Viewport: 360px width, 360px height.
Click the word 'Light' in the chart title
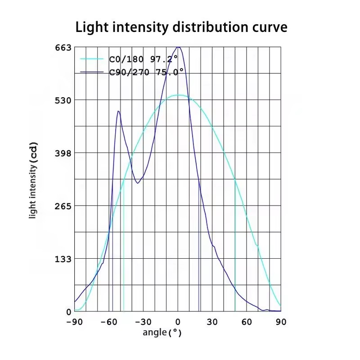click(x=92, y=27)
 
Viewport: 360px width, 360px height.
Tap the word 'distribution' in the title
click(x=210, y=27)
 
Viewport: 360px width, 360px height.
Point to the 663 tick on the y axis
click(x=63, y=48)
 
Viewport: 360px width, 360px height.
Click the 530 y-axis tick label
click(x=63, y=100)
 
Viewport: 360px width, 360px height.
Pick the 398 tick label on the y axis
click(x=63, y=153)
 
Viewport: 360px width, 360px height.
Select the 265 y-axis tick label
click(x=63, y=207)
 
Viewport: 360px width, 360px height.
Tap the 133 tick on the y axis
click(x=63, y=259)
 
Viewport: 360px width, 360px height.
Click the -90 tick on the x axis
click(x=74, y=322)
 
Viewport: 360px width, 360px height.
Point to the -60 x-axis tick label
click(x=109, y=322)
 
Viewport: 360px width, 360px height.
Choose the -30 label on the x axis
click(x=143, y=322)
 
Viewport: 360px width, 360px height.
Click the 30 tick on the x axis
click(x=212, y=322)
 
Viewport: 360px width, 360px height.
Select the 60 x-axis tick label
click(x=247, y=322)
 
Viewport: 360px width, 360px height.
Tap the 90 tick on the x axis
click(x=281, y=322)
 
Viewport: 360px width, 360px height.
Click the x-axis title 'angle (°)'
click(x=162, y=333)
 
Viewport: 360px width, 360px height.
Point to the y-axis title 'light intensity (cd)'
click(x=33, y=180)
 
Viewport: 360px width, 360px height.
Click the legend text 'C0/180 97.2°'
click(x=143, y=59)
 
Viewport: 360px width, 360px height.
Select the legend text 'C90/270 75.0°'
click(x=147, y=72)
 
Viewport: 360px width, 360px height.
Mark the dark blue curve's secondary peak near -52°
click(x=118, y=111)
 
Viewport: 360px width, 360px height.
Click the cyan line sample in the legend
click(x=92, y=59)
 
